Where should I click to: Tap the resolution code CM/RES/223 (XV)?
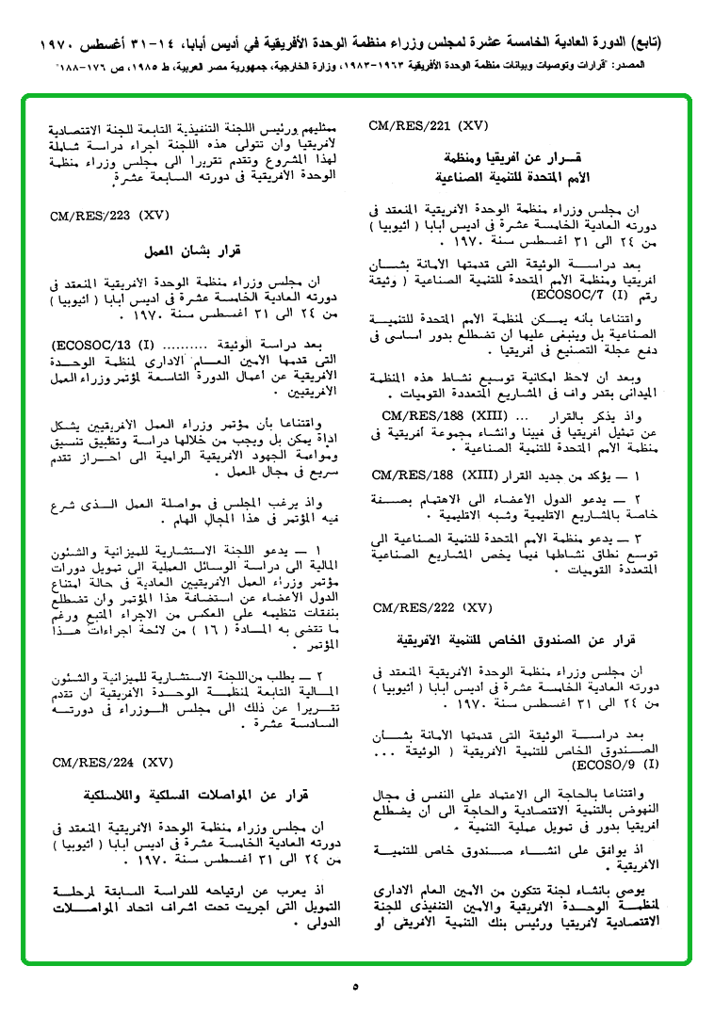pyautogui.click(x=110, y=216)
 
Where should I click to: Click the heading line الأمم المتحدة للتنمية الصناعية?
pyautogui.click(x=512, y=176)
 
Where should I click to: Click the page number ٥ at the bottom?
pyautogui.click(x=355, y=988)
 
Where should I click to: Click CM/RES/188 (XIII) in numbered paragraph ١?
pyautogui.click(x=430, y=475)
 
